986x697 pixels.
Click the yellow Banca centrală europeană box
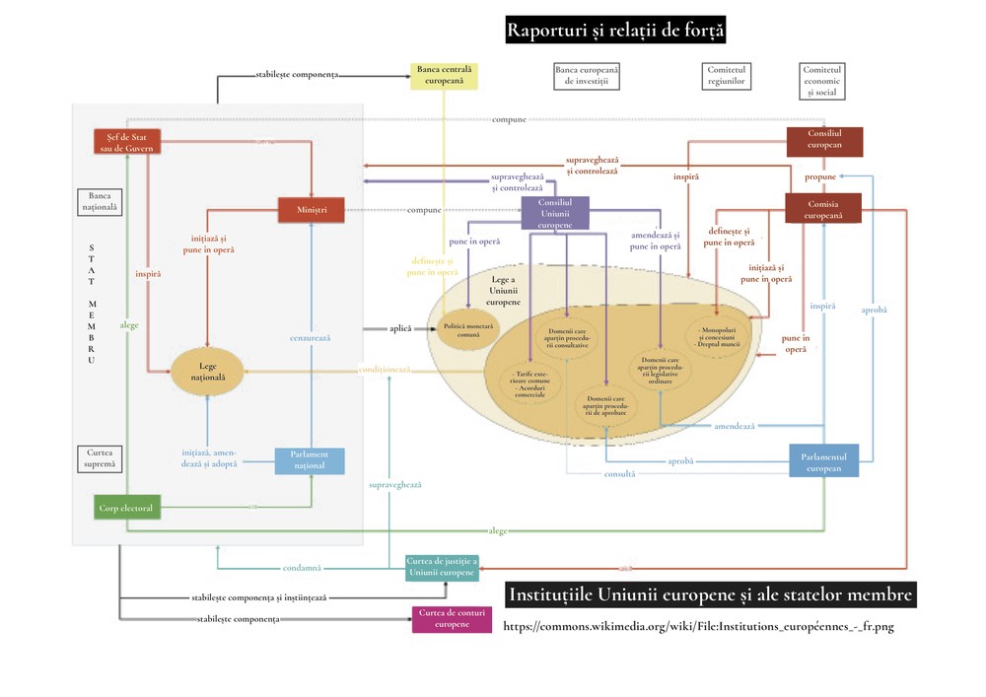[x=444, y=76]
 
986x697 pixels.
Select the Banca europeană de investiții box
[x=587, y=76]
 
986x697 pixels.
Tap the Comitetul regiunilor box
[x=727, y=76]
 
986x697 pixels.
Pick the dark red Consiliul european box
[x=823, y=142]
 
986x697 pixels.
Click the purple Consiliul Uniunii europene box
[x=555, y=213]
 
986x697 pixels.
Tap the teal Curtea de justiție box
[x=442, y=568]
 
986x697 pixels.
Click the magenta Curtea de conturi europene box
[x=452, y=619]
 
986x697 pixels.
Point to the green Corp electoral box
[x=126, y=509]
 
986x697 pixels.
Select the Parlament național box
[x=310, y=460]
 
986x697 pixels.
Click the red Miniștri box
[x=311, y=209]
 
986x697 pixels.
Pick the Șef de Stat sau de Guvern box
[x=126, y=142]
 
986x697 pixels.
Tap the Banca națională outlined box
[x=98, y=201]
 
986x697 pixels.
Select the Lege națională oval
[x=207, y=372]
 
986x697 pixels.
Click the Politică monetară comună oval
[x=468, y=329]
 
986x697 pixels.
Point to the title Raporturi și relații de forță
[x=615, y=31]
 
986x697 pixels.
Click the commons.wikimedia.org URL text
[x=698, y=627]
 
